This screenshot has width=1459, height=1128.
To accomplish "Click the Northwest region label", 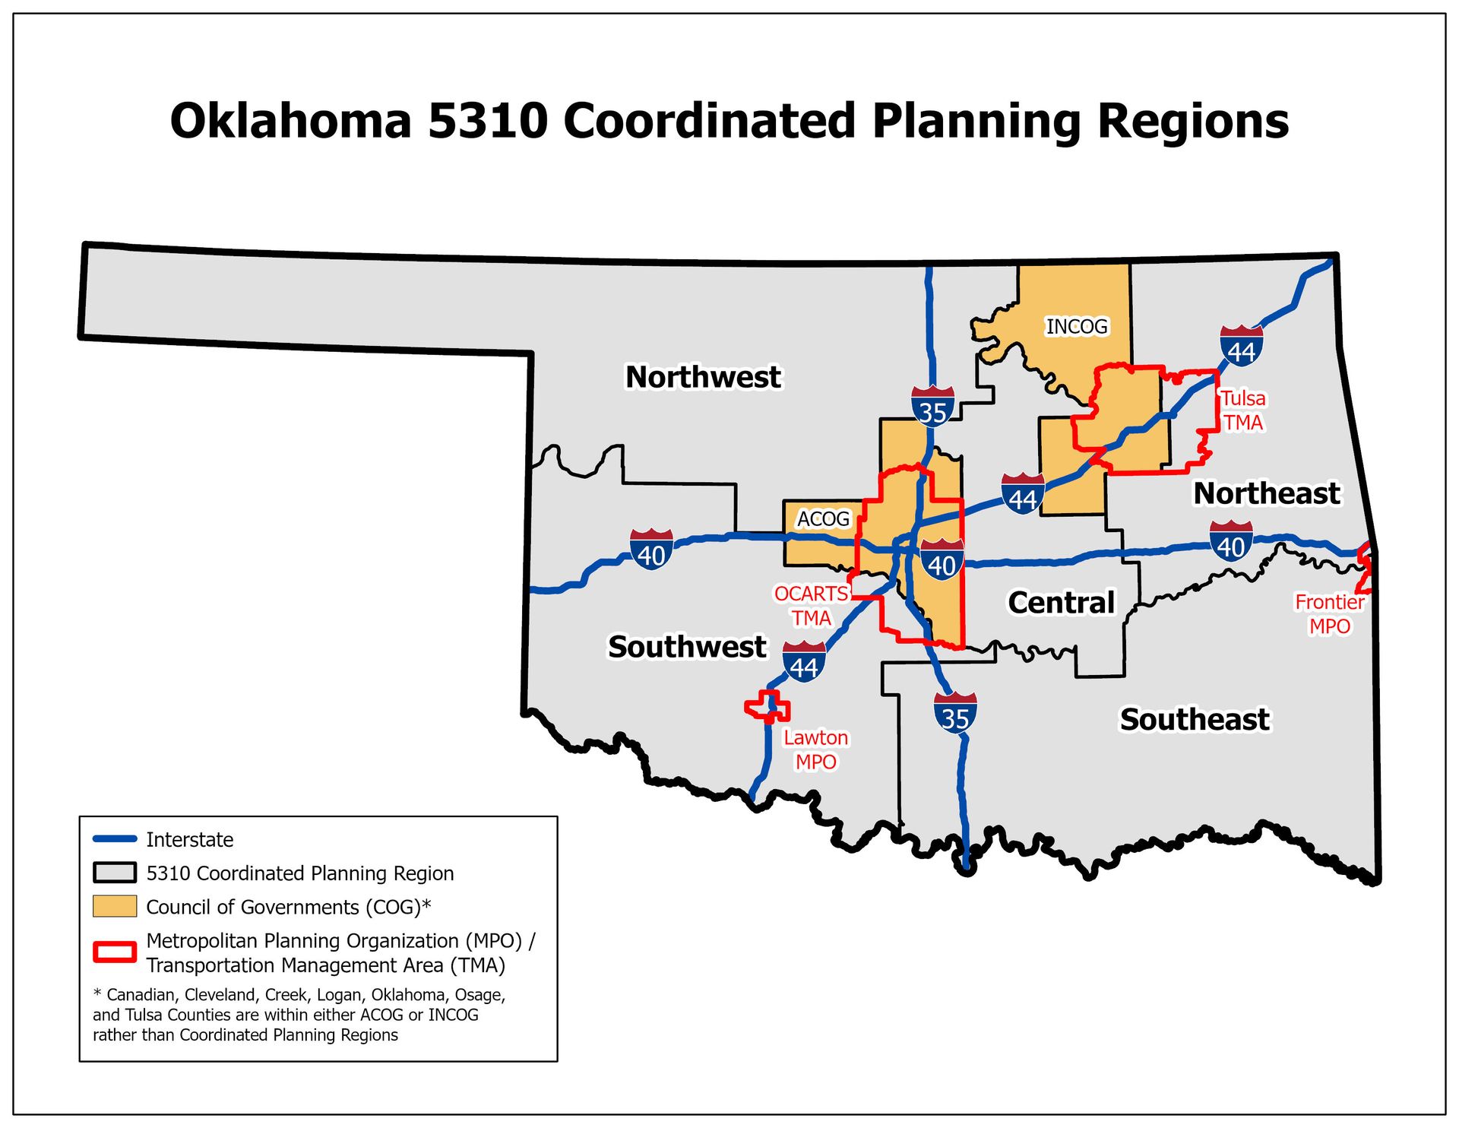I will coord(702,377).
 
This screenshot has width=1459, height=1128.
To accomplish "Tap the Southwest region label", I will coord(686,647).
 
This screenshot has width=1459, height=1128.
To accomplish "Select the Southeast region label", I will coord(1194,719).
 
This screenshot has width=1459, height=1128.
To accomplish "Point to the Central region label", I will coord(1061,603).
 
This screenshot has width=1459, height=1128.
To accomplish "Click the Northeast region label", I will coord(1266,493).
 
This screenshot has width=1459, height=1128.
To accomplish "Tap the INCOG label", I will coord(1076,327).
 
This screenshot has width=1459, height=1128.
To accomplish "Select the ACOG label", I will coord(822,519).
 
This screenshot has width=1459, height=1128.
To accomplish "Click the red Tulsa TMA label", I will coord(1242,410).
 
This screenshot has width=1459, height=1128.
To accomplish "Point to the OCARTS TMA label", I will coord(811,606).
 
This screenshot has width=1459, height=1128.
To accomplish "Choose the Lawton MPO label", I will coord(815,749).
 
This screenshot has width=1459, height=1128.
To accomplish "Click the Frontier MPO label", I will coord(1329,614).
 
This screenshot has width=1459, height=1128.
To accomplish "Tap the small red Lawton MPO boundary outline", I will coord(767,708).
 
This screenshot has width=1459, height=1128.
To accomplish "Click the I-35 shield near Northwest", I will coord(932,407).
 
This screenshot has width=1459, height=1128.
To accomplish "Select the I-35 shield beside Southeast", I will coord(955,713).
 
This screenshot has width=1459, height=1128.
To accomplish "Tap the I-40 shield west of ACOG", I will coord(651,550).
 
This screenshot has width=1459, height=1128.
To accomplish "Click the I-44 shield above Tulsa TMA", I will coord(1241,347).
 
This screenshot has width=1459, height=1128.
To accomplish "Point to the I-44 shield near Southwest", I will coord(804,662).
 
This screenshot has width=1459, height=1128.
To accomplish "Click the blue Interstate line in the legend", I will coord(115,839).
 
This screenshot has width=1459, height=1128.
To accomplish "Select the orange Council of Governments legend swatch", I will coord(115,906).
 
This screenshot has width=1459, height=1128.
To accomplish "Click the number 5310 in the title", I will coord(487,121).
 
